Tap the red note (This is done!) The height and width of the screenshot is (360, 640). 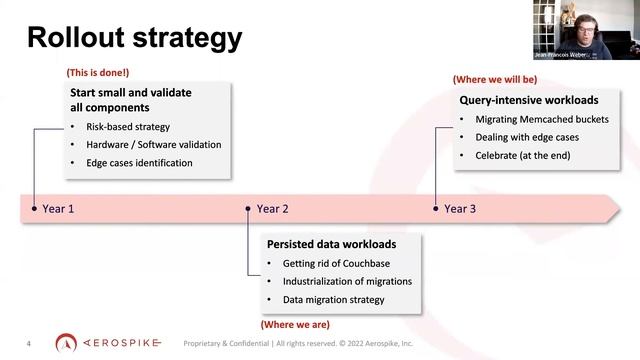point(97,73)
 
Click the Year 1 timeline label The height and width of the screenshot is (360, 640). point(58,209)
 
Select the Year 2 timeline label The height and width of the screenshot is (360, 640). point(272,209)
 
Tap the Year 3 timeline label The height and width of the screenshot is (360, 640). point(460,209)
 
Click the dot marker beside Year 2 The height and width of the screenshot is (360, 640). point(248,209)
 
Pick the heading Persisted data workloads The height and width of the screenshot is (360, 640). point(331,244)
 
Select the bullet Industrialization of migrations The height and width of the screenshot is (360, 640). point(347,281)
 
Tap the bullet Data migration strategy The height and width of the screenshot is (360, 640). point(333,300)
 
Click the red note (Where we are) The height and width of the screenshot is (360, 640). point(294,325)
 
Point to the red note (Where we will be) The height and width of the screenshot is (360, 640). point(494,79)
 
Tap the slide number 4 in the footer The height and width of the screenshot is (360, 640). point(28,344)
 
